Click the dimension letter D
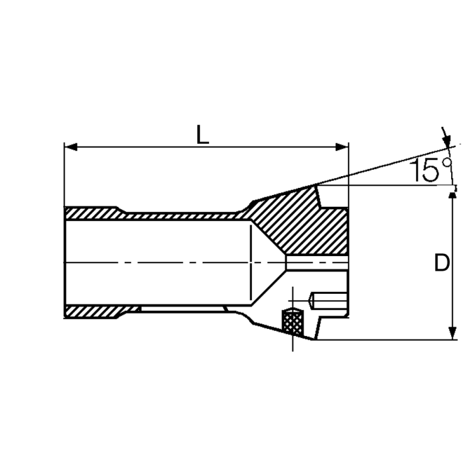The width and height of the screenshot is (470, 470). tap(442, 263)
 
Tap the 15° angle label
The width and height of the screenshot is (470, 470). tap(431, 170)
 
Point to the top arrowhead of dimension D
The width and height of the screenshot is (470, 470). tap(452, 197)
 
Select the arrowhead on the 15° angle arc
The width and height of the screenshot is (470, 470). tap(447, 142)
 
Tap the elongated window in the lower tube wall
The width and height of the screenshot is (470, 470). tap(182, 309)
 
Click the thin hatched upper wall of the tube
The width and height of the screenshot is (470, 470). tap(182, 216)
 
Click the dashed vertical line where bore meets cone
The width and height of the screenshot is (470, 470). tap(252, 247)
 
